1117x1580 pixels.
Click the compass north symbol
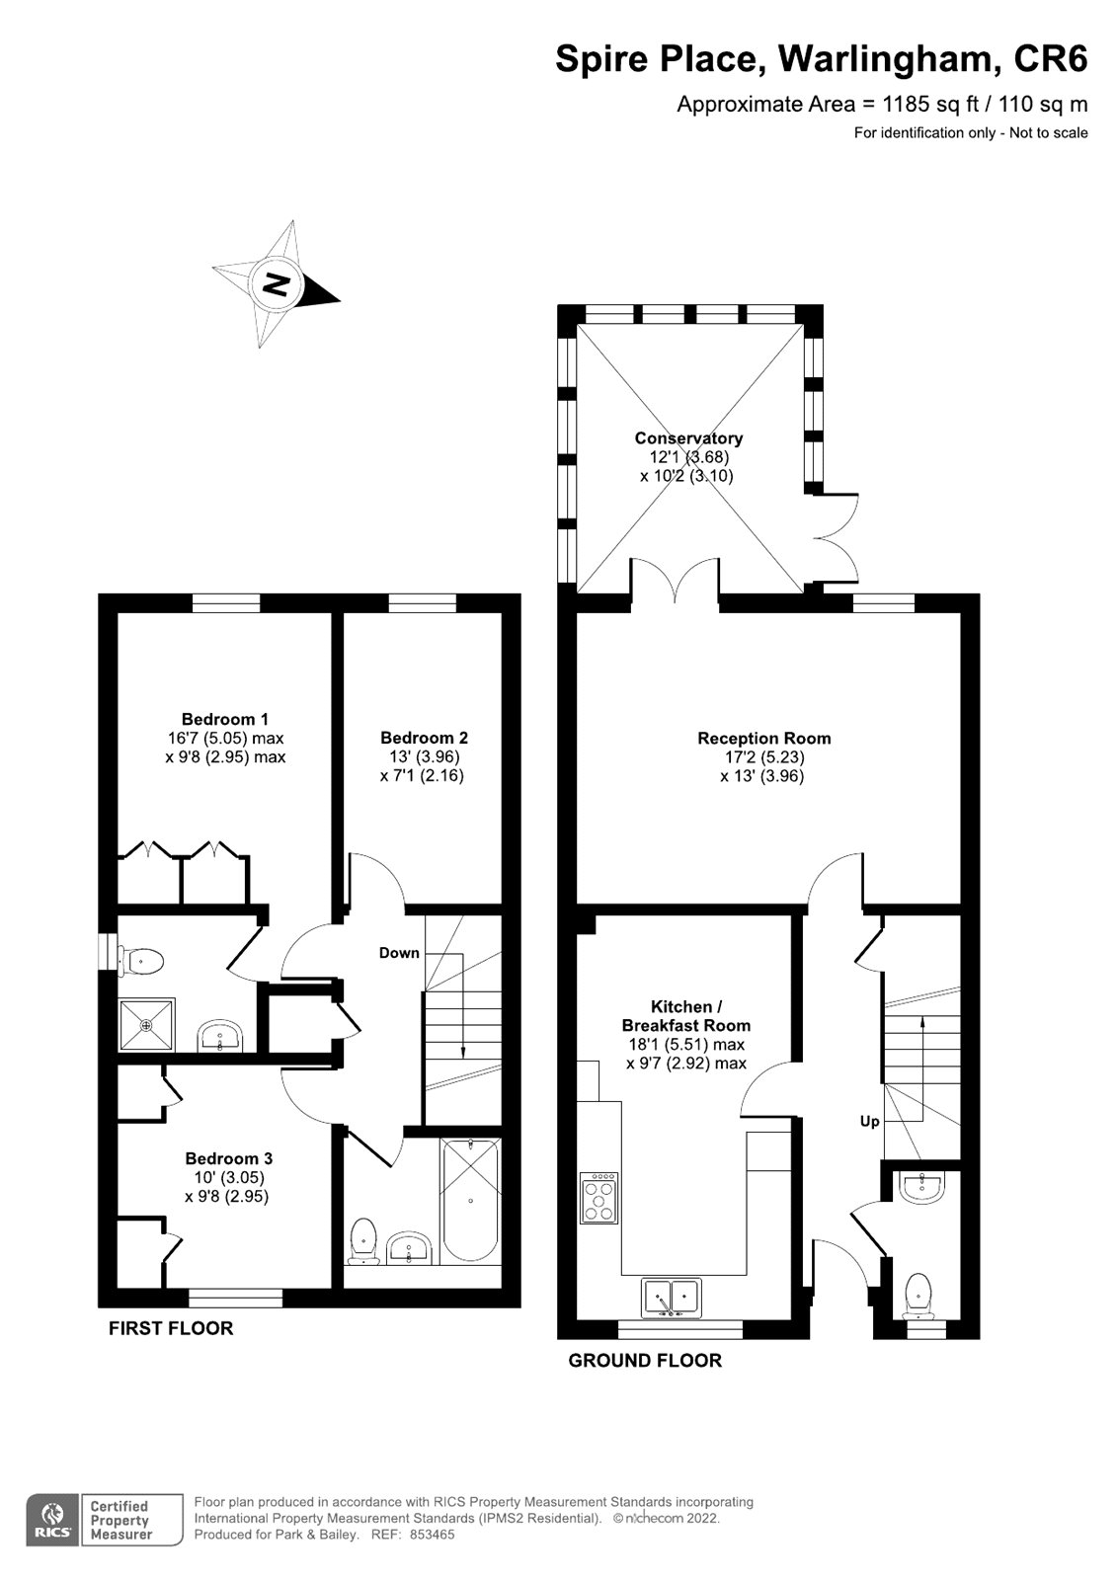[277, 284]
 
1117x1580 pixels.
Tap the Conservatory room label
[688, 438]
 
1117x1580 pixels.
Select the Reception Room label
[763, 739]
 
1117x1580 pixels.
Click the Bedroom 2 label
[424, 738]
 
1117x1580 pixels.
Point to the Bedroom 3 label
[228, 1158]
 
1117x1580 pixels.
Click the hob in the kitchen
[600, 1197]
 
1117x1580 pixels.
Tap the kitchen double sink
[672, 1297]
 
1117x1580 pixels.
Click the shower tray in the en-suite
[146, 1025]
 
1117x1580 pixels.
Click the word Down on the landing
[399, 953]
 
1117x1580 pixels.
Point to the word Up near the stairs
[869, 1122]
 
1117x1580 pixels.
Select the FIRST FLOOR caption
[171, 1328]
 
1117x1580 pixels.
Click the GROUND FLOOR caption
[645, 1361]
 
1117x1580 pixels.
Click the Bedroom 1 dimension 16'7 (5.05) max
[225, 739]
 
